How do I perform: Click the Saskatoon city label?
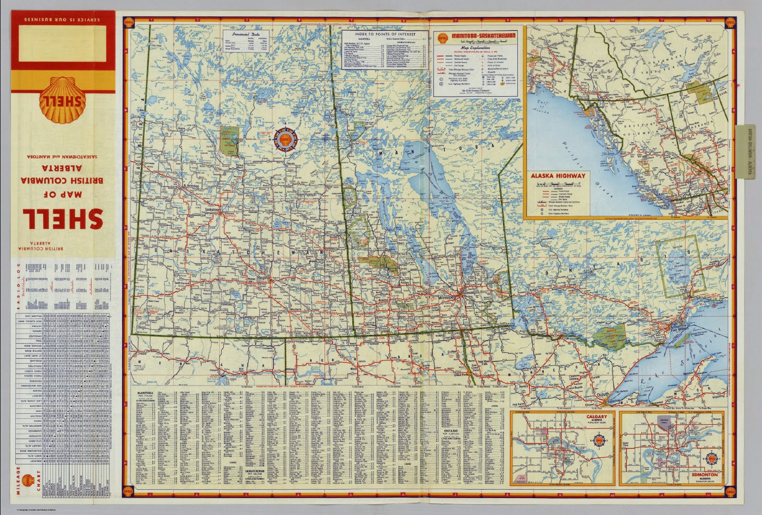point(214,210)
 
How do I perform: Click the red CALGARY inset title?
point(596,418)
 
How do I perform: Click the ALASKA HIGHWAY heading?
point(558,176)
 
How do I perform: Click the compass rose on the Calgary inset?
point(599,441)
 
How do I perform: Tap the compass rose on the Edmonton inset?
point(712,459)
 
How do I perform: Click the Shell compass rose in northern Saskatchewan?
point(285,139)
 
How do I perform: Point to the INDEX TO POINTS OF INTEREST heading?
point(385,34)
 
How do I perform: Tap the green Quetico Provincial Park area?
point(609,336)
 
